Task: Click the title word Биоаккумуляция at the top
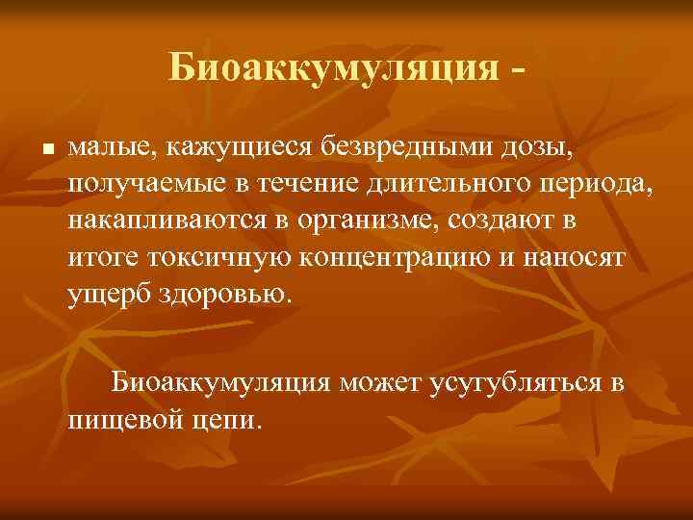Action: click(x=333, y=66)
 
